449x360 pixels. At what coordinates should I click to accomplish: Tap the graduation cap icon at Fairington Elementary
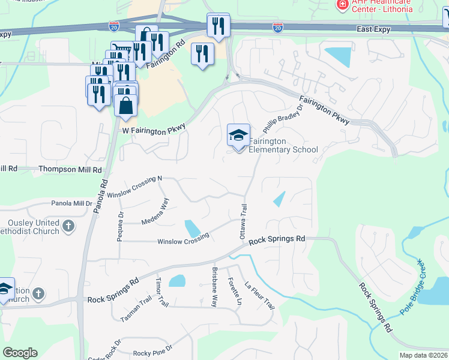click(238, 135)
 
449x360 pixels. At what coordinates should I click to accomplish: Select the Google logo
click(20, 353)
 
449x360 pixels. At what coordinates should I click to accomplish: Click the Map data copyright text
click(423, 355)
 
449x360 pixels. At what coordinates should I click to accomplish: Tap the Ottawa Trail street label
click(244, 221)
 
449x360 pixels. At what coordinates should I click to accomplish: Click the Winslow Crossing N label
click(135, 187)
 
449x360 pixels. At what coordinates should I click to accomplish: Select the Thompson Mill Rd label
click(70, 170)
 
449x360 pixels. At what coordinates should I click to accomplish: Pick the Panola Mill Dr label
click(71, 203)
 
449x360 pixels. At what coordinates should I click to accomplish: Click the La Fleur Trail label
click(260, 296)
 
